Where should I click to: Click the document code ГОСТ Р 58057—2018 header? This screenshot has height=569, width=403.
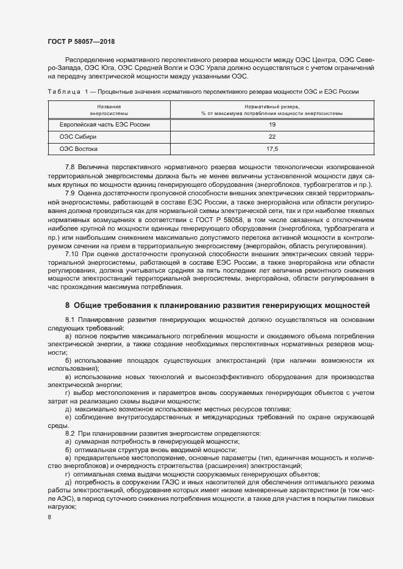pyautogui.click(x=80, y=42)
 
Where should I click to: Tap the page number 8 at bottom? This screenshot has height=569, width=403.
pyautogui.click(x=49, y=517)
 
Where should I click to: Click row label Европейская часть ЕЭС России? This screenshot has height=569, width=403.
pyautogui.click(x=104, y=125)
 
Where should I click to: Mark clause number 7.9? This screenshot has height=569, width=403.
pyautogui.click(x=70, y=192)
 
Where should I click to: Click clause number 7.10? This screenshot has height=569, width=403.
pyautogui.click(x=72, y=251)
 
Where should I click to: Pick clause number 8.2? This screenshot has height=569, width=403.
pyautogui.click(x=70, y=433)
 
